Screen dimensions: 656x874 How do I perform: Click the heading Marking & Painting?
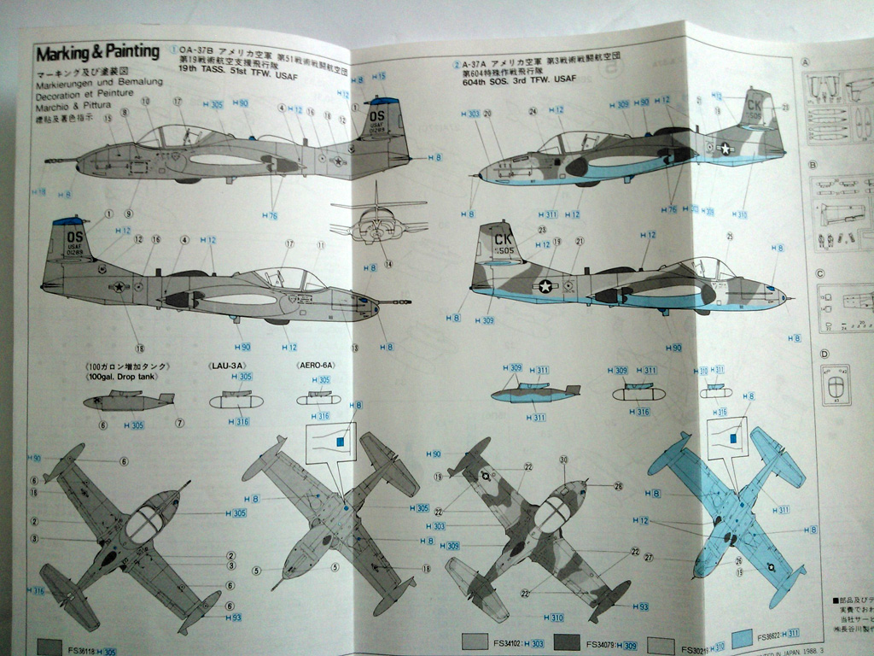pyautogui.click(x=97, y=53)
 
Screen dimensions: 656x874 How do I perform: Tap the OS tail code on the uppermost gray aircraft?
pyautogui.click(x=379, y=110)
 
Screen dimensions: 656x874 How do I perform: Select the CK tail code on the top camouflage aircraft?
pyautogui.click(x=754, y=105)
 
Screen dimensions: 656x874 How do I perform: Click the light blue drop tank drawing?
pyautogui.click(x=533, y=394)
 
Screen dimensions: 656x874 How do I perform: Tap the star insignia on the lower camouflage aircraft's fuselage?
pyautogui.click(x=545, y=286)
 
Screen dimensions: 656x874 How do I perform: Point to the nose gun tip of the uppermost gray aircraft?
pyautogui.click(x=48, y=160)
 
